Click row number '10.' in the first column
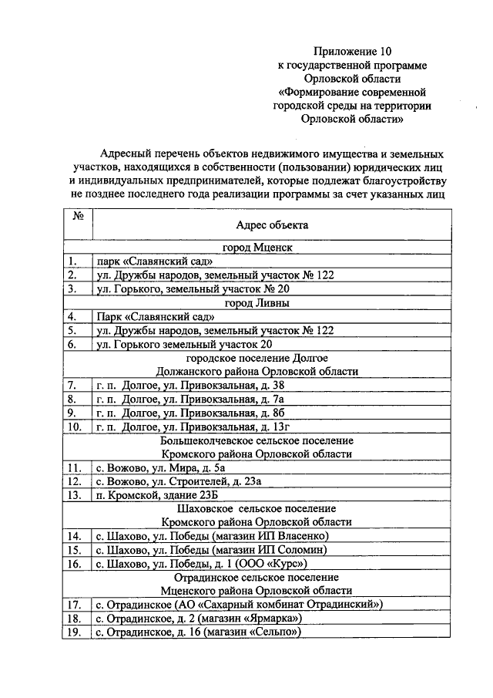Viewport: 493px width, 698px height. click(x=75, y=426)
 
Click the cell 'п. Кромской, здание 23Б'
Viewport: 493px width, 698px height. click(x=153, y=495)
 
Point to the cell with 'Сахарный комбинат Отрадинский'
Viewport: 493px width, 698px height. click(x=238, y=605)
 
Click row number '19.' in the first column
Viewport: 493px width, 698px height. click(x=75, y=632)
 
